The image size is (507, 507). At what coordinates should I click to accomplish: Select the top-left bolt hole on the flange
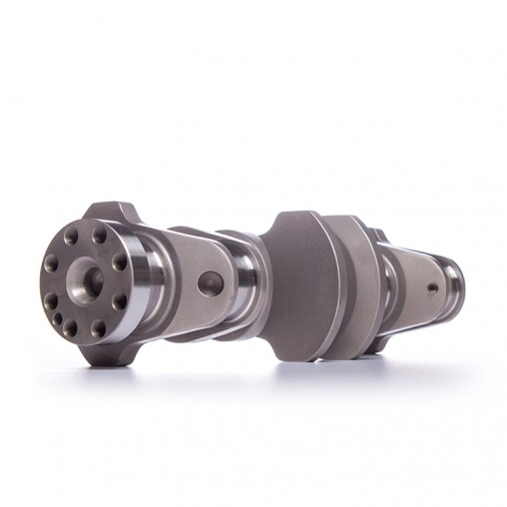coord(72,241)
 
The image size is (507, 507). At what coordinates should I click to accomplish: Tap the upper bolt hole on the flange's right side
coord(120,262)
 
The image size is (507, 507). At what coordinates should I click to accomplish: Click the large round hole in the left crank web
coord(209,284)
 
